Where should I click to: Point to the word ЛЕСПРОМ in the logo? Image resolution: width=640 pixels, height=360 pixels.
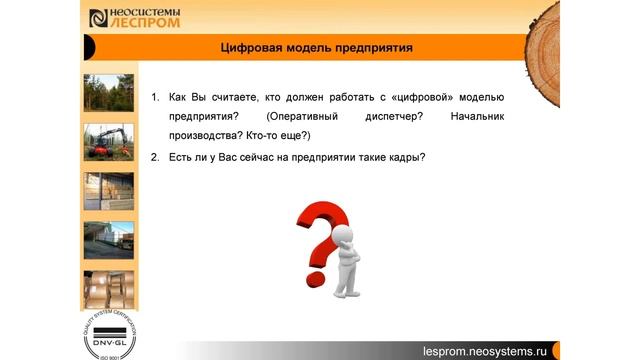[140, 22]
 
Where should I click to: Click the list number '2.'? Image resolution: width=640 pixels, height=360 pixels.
[155, 156]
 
